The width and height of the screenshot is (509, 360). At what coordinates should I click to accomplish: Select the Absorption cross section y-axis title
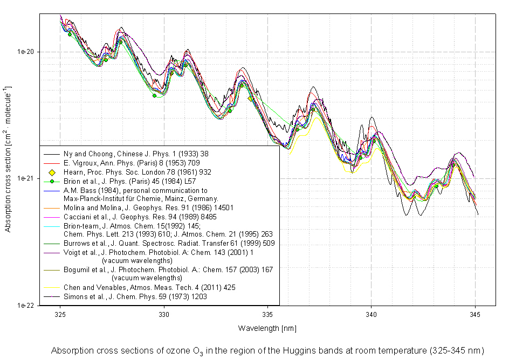coord(8,158)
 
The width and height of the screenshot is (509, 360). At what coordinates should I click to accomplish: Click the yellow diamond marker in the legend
coord(52,172)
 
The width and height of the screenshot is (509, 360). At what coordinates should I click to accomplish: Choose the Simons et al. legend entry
coord(135,296)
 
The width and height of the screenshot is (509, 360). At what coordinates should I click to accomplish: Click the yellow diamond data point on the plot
coord(250,99)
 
